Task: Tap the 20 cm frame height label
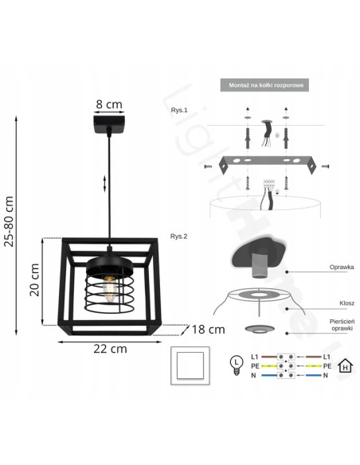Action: pyautogui.click(x=34, y=279)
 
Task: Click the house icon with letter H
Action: pyautogui.click(x=345, y=367)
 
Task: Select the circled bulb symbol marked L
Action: pyautogui.click(x=236, y=365)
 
